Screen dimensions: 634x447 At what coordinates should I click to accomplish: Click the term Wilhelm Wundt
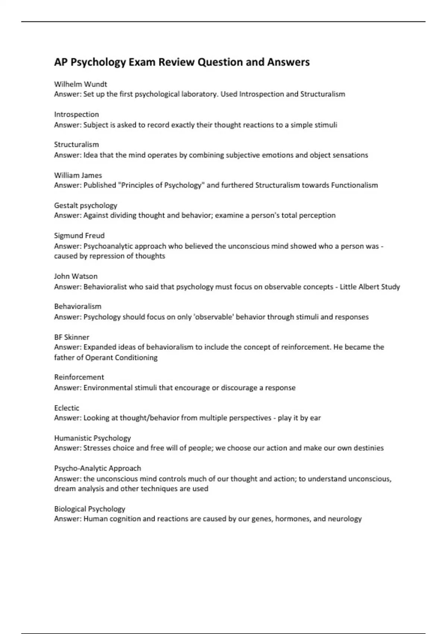(80, 84)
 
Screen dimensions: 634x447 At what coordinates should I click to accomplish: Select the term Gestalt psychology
(86, 205)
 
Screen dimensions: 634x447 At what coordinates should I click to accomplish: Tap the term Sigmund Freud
(79, 236)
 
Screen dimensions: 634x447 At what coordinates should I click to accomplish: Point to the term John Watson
(76, 276)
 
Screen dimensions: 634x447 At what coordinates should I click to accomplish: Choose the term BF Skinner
(72, 337)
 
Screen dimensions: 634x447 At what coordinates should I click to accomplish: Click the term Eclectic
(67, 408)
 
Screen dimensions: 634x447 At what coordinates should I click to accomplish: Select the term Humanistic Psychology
(92, 438)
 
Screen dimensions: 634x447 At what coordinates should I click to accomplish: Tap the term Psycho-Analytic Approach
(98, 468)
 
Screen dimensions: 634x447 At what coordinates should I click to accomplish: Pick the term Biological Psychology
(89, 509)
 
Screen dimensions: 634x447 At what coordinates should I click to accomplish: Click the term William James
(78, 175)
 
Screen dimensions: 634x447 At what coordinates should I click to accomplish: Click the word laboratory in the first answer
(199, 94)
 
